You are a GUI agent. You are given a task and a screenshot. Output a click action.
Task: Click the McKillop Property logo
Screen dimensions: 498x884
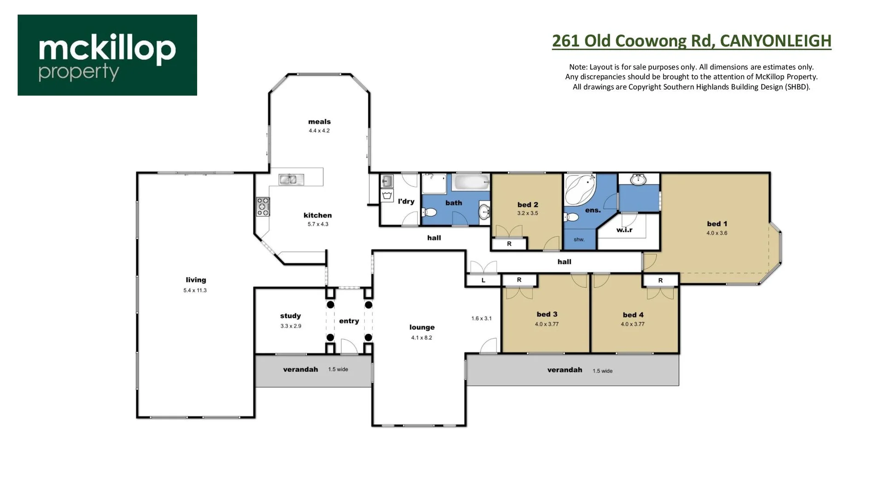[107, 55]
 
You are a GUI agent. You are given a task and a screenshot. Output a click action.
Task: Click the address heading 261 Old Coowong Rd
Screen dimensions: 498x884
[691, 41]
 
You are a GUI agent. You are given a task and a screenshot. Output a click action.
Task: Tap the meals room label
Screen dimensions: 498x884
[319, 122]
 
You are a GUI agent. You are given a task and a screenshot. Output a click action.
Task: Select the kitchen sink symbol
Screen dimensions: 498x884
[291, 179]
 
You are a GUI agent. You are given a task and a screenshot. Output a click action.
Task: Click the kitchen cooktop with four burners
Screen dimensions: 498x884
[263, 207]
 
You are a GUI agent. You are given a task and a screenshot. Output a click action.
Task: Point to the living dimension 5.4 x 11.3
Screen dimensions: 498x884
[195, 290]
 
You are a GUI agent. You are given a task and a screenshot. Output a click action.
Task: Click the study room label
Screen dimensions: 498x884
[290, 316]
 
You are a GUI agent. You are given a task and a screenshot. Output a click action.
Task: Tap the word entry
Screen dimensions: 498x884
[349, 321]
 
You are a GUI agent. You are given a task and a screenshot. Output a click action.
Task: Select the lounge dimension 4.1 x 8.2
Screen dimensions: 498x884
[421, 338]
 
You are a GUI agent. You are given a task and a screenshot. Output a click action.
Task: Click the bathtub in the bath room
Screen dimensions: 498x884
[471, 182]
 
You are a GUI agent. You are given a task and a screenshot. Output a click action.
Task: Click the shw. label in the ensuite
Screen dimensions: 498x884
[579, 240]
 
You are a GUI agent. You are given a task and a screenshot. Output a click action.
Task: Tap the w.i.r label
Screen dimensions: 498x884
[624, 230]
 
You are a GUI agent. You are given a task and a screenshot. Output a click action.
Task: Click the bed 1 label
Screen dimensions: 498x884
[717, 224]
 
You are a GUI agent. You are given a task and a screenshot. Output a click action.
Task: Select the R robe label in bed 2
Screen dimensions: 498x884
[509, 243]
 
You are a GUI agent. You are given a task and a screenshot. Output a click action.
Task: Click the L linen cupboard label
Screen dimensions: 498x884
[483, 280]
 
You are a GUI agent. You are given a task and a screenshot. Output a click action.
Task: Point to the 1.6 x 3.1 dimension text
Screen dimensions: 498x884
[481, 318]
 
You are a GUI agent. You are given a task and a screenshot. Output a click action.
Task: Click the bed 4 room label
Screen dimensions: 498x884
[633, 315]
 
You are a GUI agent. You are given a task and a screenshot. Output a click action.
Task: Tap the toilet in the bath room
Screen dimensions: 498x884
[429, 213]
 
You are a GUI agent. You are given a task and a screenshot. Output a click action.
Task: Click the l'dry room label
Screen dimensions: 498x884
[406, 202]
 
